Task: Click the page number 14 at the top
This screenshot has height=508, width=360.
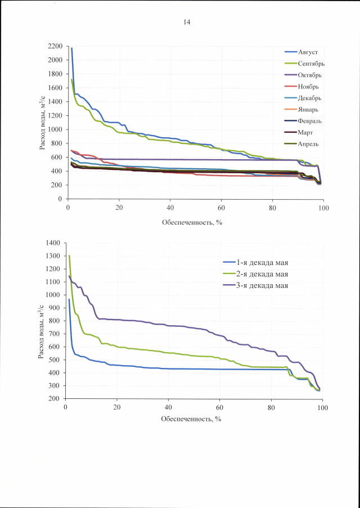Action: click(x=186, y=22)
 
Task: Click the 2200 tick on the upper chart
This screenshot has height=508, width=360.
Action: click(x=55, y=46)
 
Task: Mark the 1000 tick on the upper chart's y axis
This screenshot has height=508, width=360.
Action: click(x=55, y=129)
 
